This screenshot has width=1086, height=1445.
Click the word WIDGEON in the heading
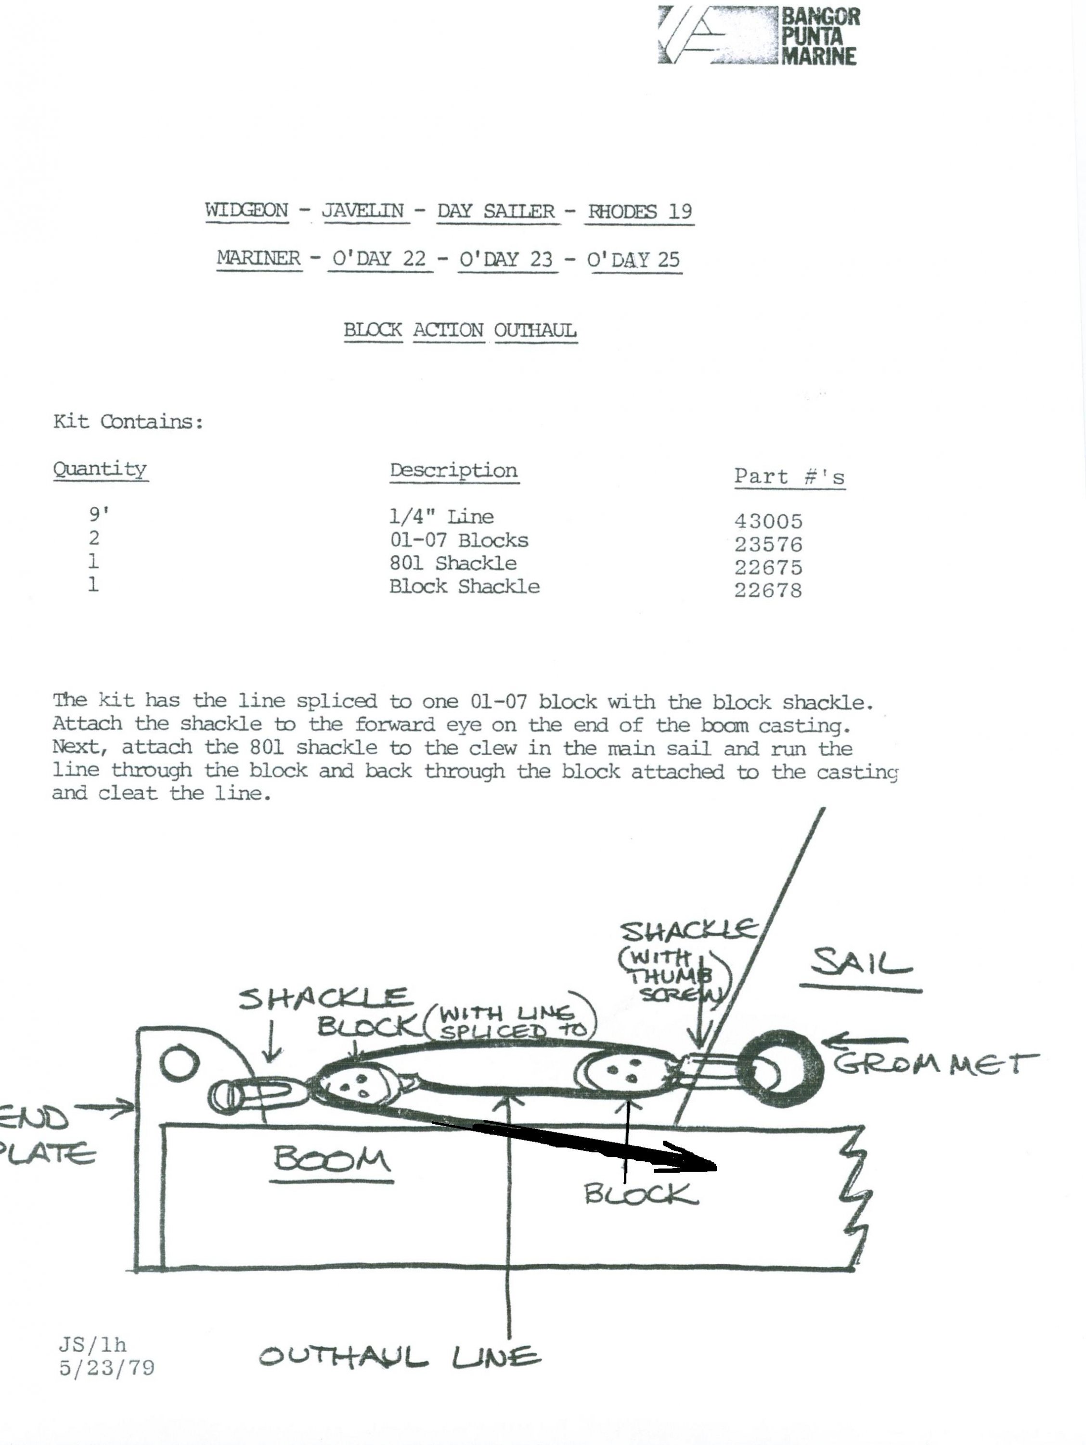pyautogui.click(x=247, y=211)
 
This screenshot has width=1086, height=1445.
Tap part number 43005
pyautogui.click(x=768, y=521)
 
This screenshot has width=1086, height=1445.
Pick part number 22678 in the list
pyautogui.click(x=768, y=591)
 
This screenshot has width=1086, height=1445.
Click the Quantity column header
pyautogui.click(x=100, y=470)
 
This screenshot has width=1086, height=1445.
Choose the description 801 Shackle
pyautogui.click(x=453, y=563)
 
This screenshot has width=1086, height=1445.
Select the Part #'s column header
pyautogui.click(x=789, y=477)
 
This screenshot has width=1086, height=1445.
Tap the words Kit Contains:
pyautogui.click(x=128, y=421)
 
